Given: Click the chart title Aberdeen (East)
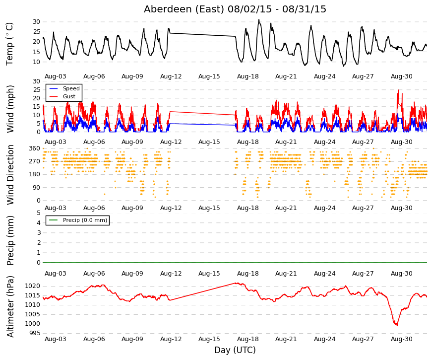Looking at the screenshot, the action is pos(184,9).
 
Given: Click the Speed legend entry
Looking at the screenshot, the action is pos(64,88).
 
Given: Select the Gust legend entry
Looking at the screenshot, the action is pos(62,96).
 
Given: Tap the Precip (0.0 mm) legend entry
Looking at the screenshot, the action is pos(78,220).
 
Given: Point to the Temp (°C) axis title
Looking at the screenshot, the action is pos(9,44).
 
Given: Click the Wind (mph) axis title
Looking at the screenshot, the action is pos(10,109).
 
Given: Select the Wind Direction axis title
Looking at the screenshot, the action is pos(10,175).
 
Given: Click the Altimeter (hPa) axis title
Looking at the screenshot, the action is pos(10,306).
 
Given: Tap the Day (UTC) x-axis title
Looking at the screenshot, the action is pos(235,350).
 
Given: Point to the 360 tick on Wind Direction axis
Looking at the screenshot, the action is pos(35,148).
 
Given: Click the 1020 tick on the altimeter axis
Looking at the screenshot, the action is pos(33,286).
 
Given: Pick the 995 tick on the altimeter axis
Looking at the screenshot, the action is pos(35,333).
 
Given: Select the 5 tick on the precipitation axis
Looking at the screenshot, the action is pos(39,213).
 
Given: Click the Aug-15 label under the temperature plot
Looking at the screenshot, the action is pos(209,76).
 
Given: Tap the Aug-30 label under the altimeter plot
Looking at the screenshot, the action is pos(401,339).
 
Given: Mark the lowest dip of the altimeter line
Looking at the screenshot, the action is pos(397,326).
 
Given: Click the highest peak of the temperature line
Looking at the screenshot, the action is pos(259,20).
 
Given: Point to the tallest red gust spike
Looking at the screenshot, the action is pos(398,90).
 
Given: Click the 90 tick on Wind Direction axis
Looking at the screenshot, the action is pos(37,188).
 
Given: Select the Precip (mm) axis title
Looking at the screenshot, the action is pos(10,240).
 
